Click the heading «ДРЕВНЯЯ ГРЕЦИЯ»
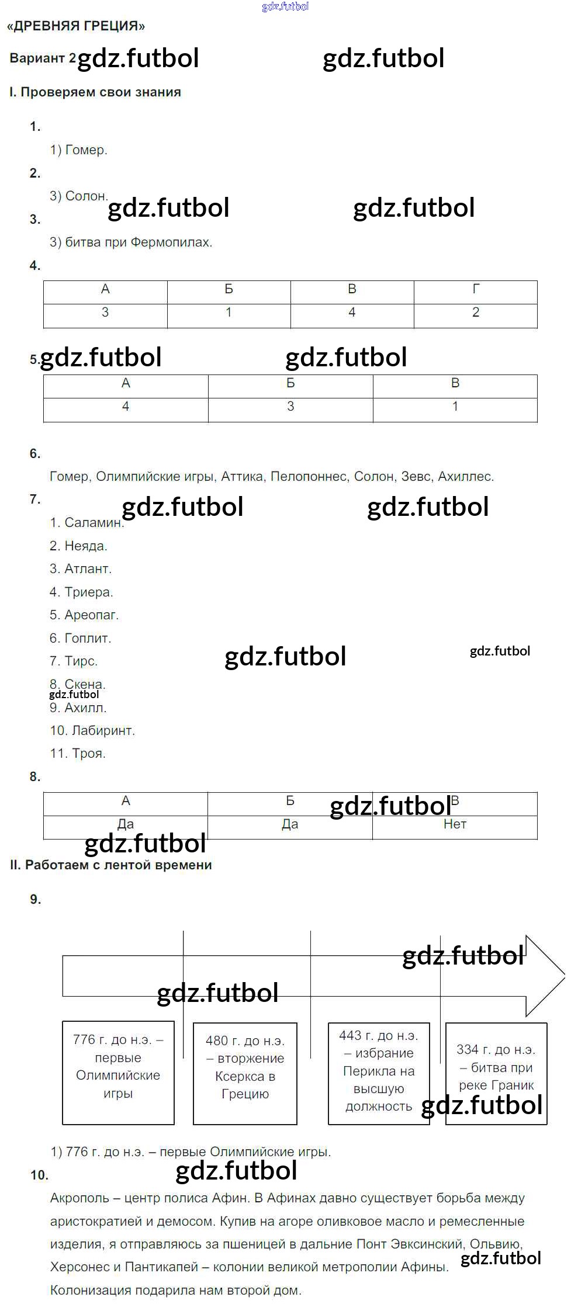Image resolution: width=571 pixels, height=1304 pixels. (x=76, y=26)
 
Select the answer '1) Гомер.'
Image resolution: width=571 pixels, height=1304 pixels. (x=78, y=150)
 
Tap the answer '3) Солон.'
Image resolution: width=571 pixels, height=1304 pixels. (x=78, y=196)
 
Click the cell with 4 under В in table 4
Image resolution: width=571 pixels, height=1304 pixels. (x=352, y=313)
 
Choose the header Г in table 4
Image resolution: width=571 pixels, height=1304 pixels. (x=476, y=289)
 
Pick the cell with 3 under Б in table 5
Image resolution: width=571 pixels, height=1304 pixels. (x=290, y=407)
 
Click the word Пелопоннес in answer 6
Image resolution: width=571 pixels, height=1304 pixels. (x=309, y=477)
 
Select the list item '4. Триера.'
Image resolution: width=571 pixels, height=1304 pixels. (x=81, y=592)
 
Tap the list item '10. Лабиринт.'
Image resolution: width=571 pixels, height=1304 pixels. (x=92, y=731)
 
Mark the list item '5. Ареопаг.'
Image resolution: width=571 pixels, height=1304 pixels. (x=84, y=615)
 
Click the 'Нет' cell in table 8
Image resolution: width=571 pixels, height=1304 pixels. (x=455, y=824)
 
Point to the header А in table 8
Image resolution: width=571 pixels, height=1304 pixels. (x=126, y=801)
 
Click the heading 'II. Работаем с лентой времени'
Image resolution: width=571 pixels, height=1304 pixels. (x=110, y=865)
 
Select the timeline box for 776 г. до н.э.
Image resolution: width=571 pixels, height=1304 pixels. (x=118, y=1073)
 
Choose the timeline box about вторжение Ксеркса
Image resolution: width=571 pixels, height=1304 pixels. (x=245, y=1073)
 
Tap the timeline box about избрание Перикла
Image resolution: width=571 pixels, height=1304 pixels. (x=379, y=1073)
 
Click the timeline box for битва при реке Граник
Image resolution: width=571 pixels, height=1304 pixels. (x=496, y=1073)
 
